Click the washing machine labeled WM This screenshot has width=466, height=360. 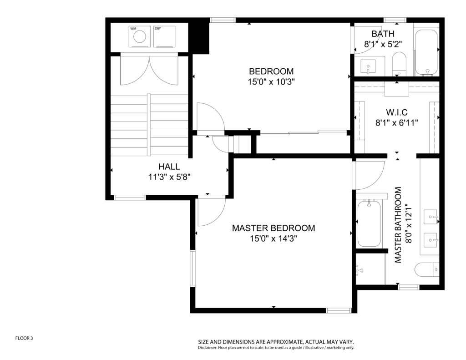pos(140,37)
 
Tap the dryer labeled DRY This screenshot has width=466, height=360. pos(164,37)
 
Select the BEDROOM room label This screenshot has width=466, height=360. pos(271,71)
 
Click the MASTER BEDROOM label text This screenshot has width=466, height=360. pos(274,228)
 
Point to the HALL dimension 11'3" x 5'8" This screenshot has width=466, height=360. pos(169,177)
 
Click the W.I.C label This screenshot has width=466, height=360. pos(396,112)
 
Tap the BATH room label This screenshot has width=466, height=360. pos(383,34)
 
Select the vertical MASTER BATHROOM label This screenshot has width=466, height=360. pos(398,225)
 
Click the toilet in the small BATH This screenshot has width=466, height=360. pos(399,64)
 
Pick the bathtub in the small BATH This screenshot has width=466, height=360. pos(426,52)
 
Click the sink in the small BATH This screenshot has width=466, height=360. pos(368,66)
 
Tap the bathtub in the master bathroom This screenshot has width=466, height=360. pos(369,224)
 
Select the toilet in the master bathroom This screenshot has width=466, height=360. pos(427,270)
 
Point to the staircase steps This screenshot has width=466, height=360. pos(149,125)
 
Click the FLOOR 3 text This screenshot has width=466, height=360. pos(24,338)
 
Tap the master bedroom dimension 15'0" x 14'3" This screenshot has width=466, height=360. pos(274,238)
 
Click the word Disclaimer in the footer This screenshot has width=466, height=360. pos(208,348)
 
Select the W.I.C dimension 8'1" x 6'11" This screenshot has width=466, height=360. pos(396,122)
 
